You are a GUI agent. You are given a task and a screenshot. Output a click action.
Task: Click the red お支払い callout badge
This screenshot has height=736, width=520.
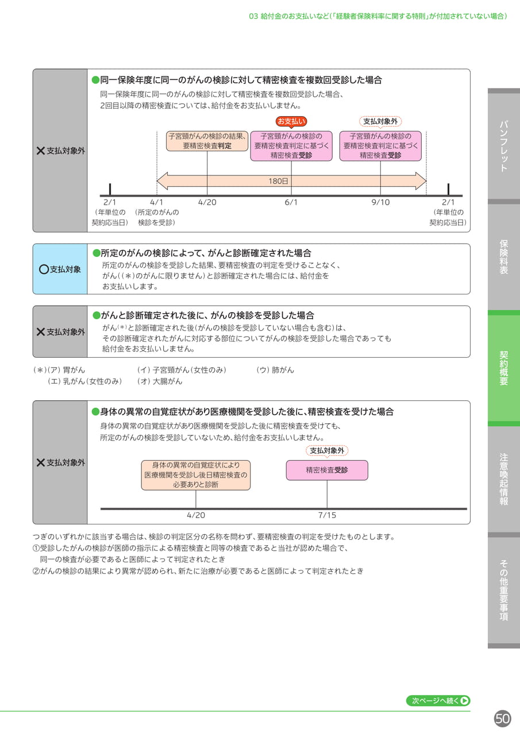point(291,121)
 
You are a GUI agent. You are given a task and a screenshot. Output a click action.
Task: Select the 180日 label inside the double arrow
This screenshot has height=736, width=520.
point(278,181)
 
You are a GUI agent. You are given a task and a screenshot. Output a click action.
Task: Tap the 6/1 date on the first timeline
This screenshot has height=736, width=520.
point(291,202)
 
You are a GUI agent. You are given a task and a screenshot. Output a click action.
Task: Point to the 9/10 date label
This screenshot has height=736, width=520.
point(380,202)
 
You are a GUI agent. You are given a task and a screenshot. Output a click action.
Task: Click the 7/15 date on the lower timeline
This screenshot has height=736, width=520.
point(327,515)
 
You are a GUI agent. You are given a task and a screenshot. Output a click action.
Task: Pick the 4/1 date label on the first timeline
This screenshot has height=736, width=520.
point(157,202)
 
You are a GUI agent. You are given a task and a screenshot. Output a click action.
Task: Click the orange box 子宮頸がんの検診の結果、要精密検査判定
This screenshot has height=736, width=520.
point(207,141)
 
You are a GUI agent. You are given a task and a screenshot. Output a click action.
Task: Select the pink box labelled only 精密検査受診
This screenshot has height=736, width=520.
point(327,470)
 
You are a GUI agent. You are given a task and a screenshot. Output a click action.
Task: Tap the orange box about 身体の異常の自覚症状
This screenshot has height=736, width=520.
point(196,475)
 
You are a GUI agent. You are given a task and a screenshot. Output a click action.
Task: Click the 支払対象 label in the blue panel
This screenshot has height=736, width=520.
point(65,270)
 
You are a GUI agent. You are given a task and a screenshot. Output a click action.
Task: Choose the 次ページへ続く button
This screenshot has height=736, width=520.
point(438,700)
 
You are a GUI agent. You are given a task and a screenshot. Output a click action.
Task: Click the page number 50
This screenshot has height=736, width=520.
point(502,719)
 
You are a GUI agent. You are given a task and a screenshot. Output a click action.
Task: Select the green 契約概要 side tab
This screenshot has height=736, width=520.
point(504,368)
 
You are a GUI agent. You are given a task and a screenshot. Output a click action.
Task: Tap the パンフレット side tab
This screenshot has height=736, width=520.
point(504,146)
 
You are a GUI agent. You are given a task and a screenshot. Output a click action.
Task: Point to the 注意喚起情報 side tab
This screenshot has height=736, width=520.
point(504,479)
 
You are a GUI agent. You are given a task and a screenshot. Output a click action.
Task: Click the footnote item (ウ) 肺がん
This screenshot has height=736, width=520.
point(275,370)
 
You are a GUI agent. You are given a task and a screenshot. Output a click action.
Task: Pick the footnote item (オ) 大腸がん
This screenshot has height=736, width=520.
point(160,381)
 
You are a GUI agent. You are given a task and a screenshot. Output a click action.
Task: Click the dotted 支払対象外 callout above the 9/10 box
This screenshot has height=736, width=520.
point(380,121)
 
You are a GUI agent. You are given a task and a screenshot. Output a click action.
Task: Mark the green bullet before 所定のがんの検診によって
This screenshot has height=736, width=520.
point(97,253)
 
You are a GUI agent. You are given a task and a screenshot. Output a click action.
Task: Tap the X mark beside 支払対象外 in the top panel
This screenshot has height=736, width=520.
point(41,151)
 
